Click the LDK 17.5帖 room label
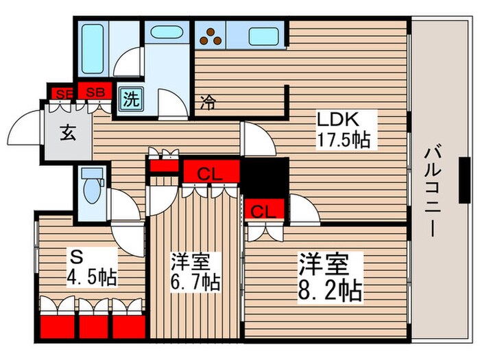[x=342, y=130]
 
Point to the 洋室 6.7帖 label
[x=195, y=272]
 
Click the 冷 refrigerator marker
[x=207, y=104]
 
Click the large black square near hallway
[x=265, y=177]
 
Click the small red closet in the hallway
[x=163, y=165]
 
